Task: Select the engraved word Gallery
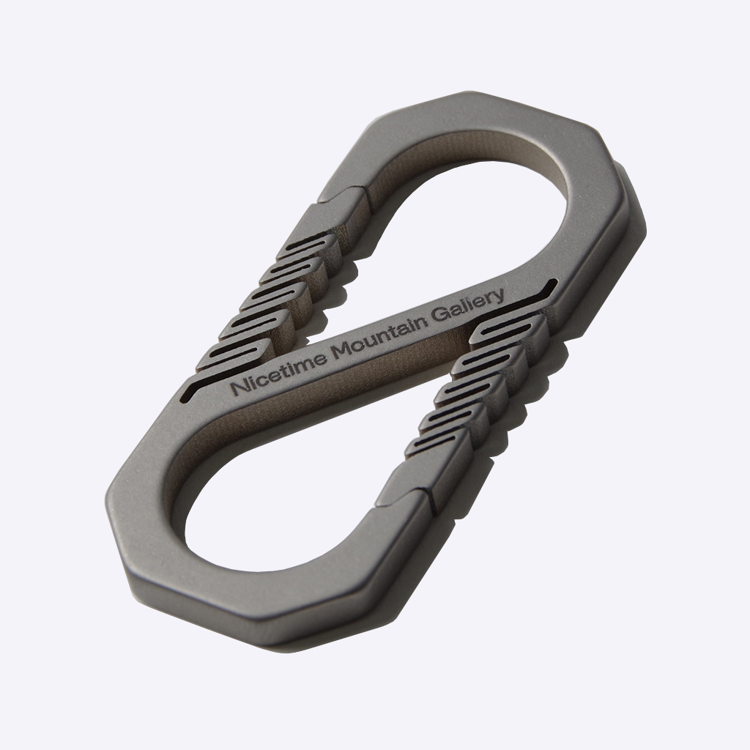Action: point(469,308)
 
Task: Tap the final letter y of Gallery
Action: point(499,297)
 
